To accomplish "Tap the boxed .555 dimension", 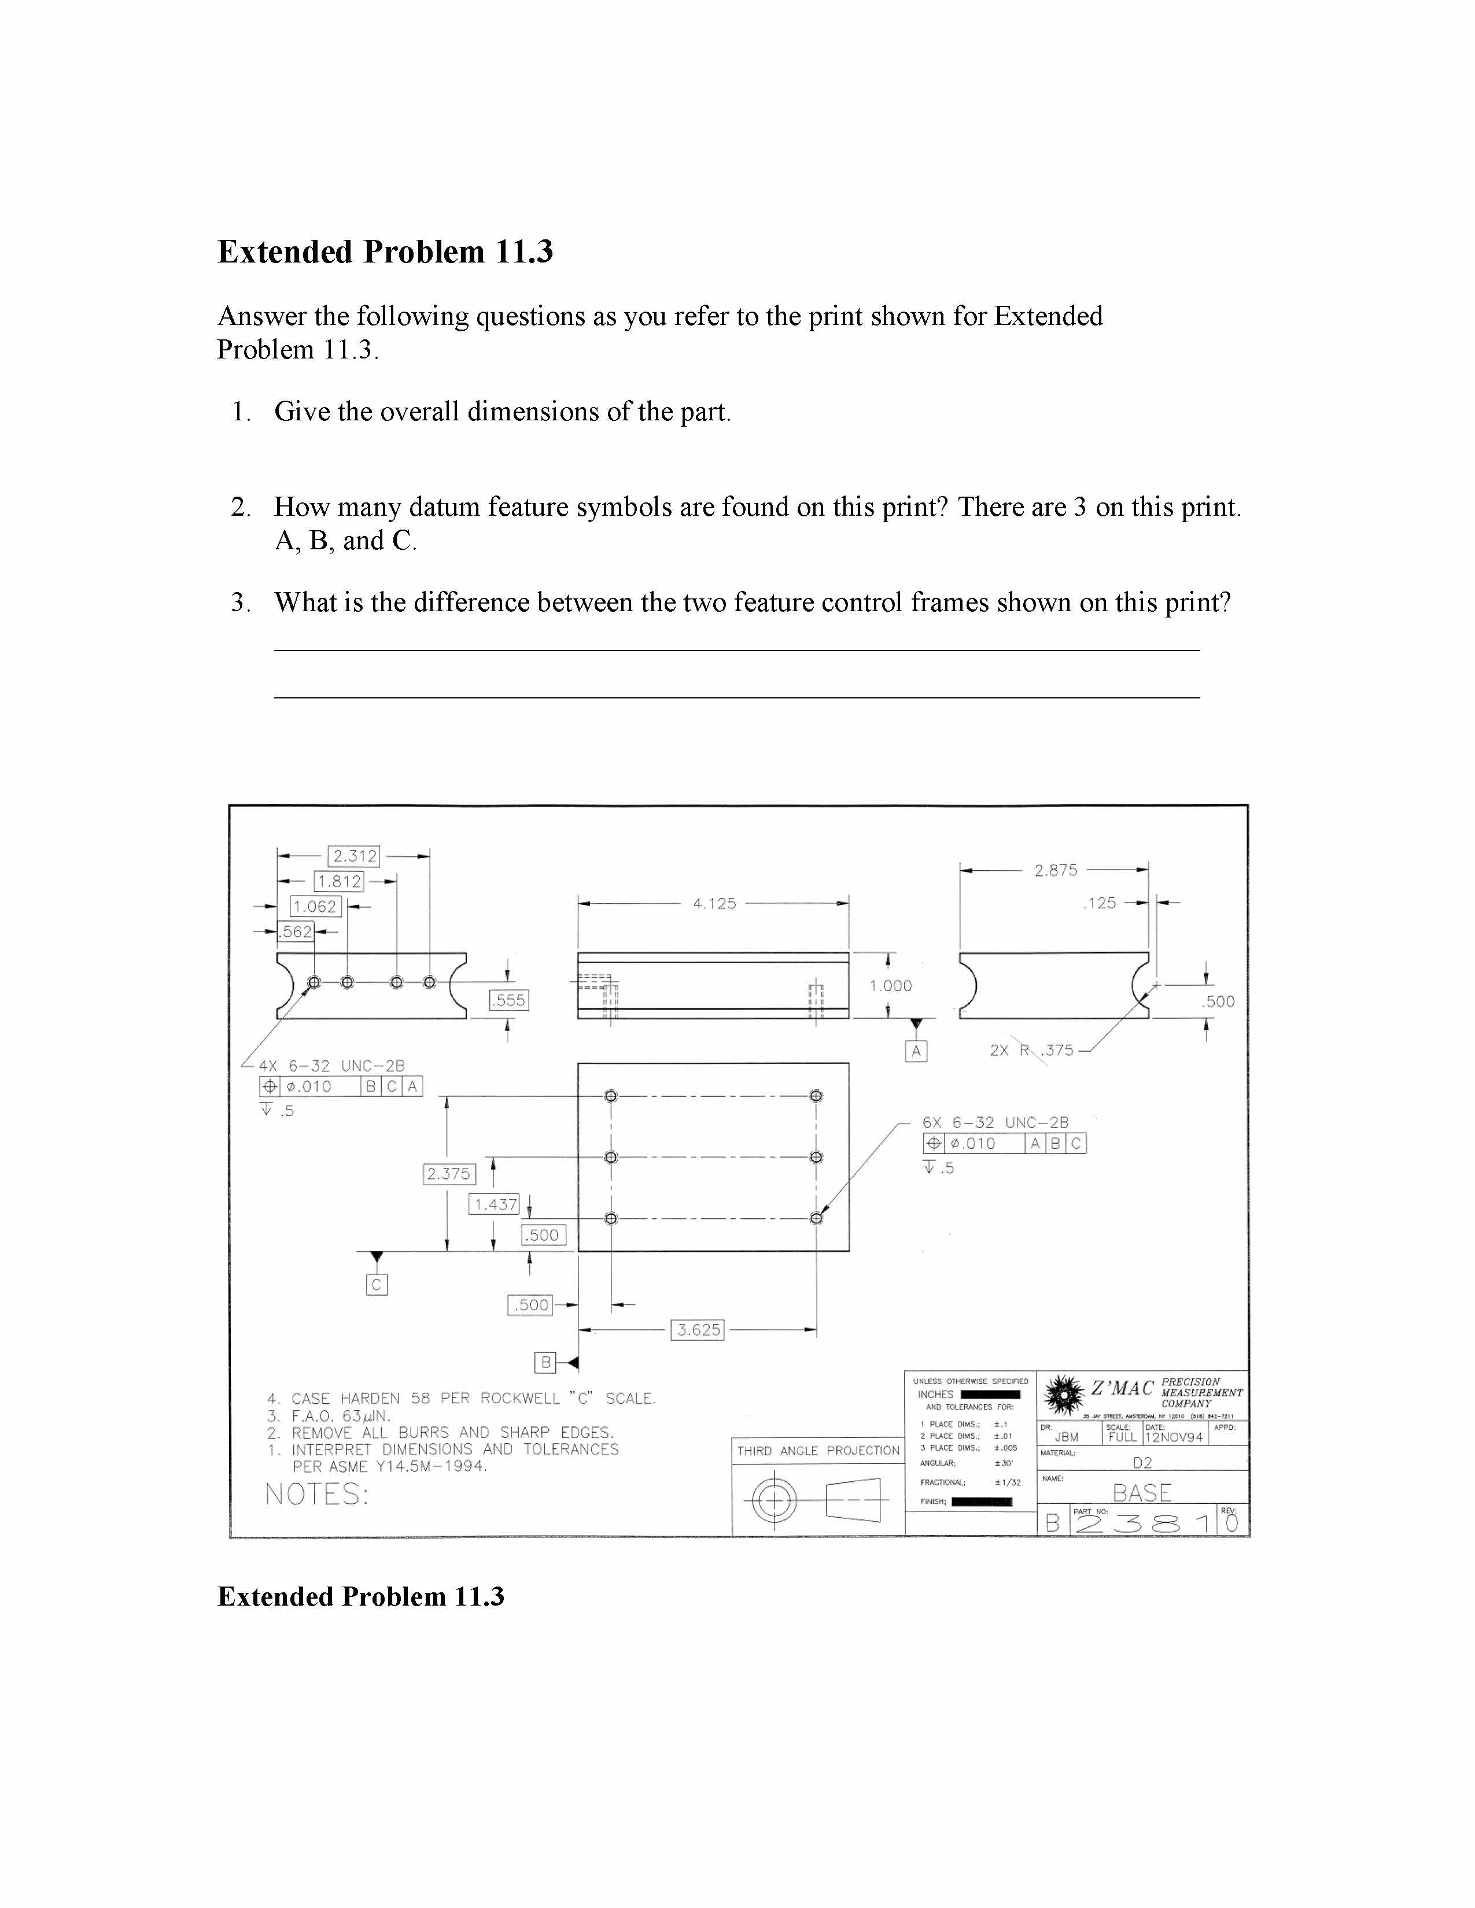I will [508, 1000].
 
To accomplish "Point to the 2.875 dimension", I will [1056, 870].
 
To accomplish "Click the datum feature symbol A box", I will [916, 1051].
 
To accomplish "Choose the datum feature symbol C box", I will [377, 1284].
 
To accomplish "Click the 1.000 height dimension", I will [890, 985].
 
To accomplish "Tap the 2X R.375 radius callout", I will [1031, 1050].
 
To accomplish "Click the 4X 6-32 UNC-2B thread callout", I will [331, 1066].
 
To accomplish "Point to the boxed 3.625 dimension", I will [698, 1330].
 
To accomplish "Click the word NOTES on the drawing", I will [316, 1495].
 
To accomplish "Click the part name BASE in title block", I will [1141, 1493].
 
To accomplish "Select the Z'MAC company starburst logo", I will [1063, 1395].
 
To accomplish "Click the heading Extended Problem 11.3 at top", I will [385, 252].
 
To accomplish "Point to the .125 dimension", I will [1099, 903].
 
